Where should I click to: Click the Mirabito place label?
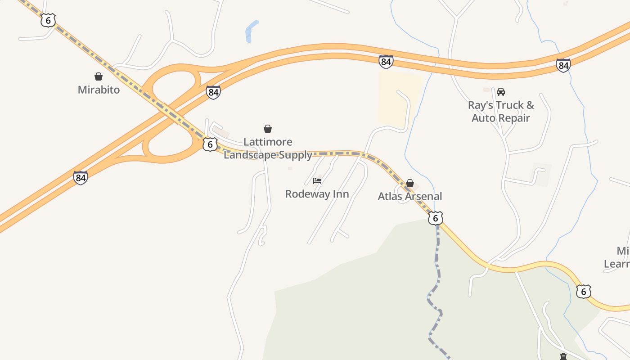[99, 90]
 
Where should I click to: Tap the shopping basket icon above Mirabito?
[99, 76]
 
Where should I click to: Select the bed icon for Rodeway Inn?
[317, 181]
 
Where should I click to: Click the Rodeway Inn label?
[317, 194]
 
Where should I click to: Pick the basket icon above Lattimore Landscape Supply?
[268, 129]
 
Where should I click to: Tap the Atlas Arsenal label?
[409, 196]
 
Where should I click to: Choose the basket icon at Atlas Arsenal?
[410, 183]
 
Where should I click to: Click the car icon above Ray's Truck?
[500, 92]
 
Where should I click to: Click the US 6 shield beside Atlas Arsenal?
[435, 218]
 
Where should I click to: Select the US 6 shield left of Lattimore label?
[210, 144]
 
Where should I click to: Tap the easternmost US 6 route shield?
[583, 292]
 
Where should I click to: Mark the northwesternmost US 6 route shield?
[48, 20]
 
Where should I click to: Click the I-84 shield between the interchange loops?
[213, 92]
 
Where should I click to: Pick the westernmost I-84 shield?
[81, 177]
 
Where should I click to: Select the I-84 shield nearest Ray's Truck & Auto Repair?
[563, 65]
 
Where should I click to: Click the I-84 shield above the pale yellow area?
[386, 62]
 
